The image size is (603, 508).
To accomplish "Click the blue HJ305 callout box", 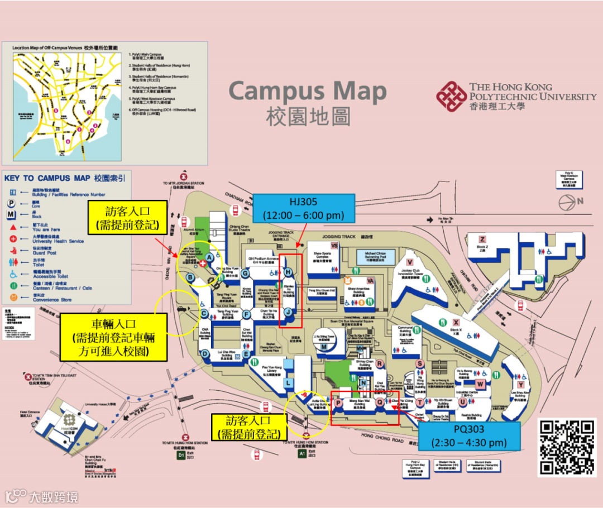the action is (304, 208).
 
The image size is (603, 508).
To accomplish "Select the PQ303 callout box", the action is (468, 436).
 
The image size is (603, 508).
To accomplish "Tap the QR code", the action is (567, 447).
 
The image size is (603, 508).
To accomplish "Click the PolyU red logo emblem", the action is (451, 96).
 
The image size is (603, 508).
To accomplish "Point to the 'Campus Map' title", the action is (308, 92).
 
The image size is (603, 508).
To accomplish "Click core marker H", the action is (288, 272).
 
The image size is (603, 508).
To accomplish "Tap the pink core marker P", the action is (338, 402).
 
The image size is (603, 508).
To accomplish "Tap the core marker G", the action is (245, 272).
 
